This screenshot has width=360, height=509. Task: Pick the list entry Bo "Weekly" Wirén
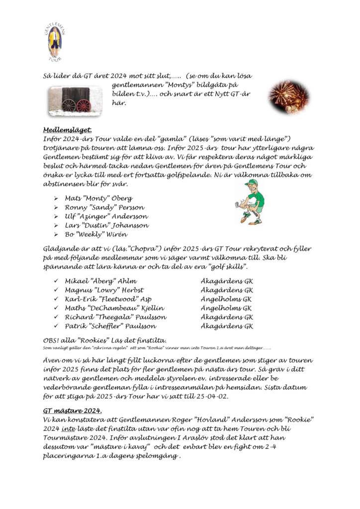pyautogui.click(x=97, y=234)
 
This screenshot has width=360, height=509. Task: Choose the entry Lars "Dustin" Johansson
pyautogui.click(x=106, y=225)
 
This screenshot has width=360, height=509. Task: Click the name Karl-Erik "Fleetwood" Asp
pyautogui.click(x=108, y=299)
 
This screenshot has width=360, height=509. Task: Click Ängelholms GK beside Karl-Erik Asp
pyautogui.click(x=226, y=299)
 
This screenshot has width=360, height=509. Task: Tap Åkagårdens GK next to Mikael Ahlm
pyautogui.click(x=227, y=281)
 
